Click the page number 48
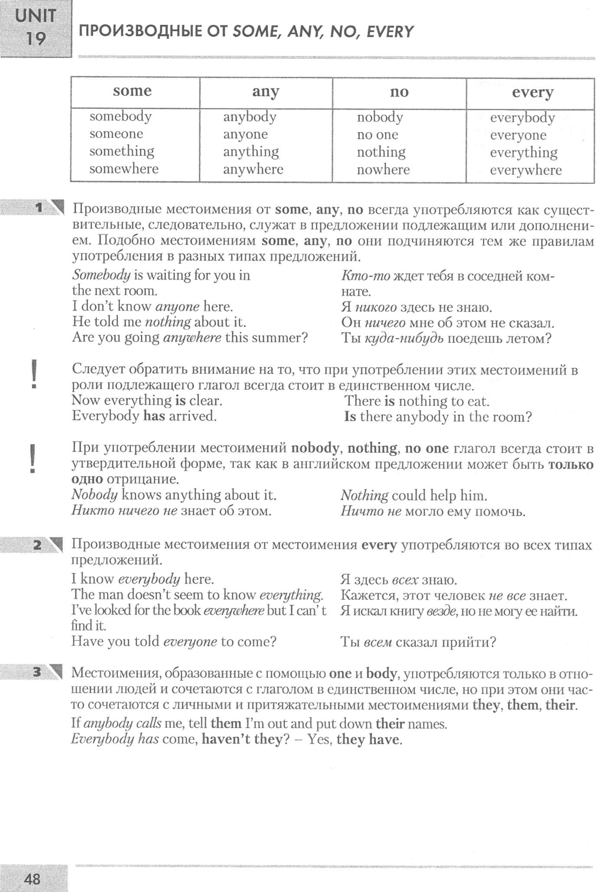point(33,879)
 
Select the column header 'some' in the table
point(132,91)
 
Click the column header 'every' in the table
point(532,93)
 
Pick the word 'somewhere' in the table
point(124,169)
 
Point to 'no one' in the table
point(377,135)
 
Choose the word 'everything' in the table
point(524,153)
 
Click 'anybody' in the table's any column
point(250,117)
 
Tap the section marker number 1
point(39,208)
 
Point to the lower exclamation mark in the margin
point(33,458)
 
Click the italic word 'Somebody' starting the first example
point(101,275)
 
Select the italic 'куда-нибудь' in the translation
point(404,338)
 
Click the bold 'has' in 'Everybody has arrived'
point(154,416)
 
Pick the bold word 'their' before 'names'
point(390,724)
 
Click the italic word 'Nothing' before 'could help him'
point(364,495)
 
